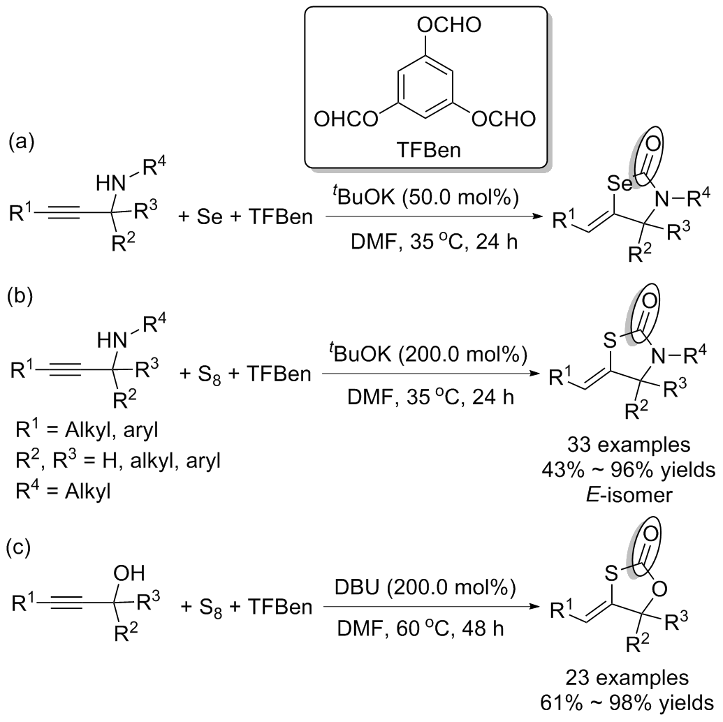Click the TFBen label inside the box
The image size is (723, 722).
[428, 150]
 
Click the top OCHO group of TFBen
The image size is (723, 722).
[448, 25]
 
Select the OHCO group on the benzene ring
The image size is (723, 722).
[345, 119]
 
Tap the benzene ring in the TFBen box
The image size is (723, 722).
[424, 87]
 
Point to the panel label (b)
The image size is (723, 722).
[22, 295]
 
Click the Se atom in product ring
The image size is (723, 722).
[619, 184]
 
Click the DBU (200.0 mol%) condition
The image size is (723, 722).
[425, 587]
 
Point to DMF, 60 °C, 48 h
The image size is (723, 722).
[420, 628]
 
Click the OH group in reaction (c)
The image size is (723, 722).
[129, 573]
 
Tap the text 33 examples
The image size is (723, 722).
[629, 445]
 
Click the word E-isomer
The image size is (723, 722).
[629, 494]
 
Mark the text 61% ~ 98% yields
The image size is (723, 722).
[627, 703]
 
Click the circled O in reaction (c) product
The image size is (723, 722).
[650, 534]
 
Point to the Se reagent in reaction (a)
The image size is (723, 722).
[210, 216]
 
